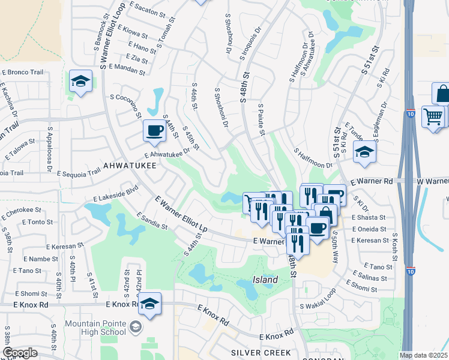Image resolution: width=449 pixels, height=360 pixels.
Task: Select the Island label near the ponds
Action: pos(265,280)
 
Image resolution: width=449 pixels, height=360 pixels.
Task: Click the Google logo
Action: pos(20,353)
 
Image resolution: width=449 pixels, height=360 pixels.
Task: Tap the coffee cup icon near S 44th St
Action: pos(154,131)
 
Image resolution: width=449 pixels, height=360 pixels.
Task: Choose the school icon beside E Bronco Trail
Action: pos(80,82)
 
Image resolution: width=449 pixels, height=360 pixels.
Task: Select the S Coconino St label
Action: pos(125,106)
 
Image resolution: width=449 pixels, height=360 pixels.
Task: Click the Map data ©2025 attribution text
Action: pos(424,355)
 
